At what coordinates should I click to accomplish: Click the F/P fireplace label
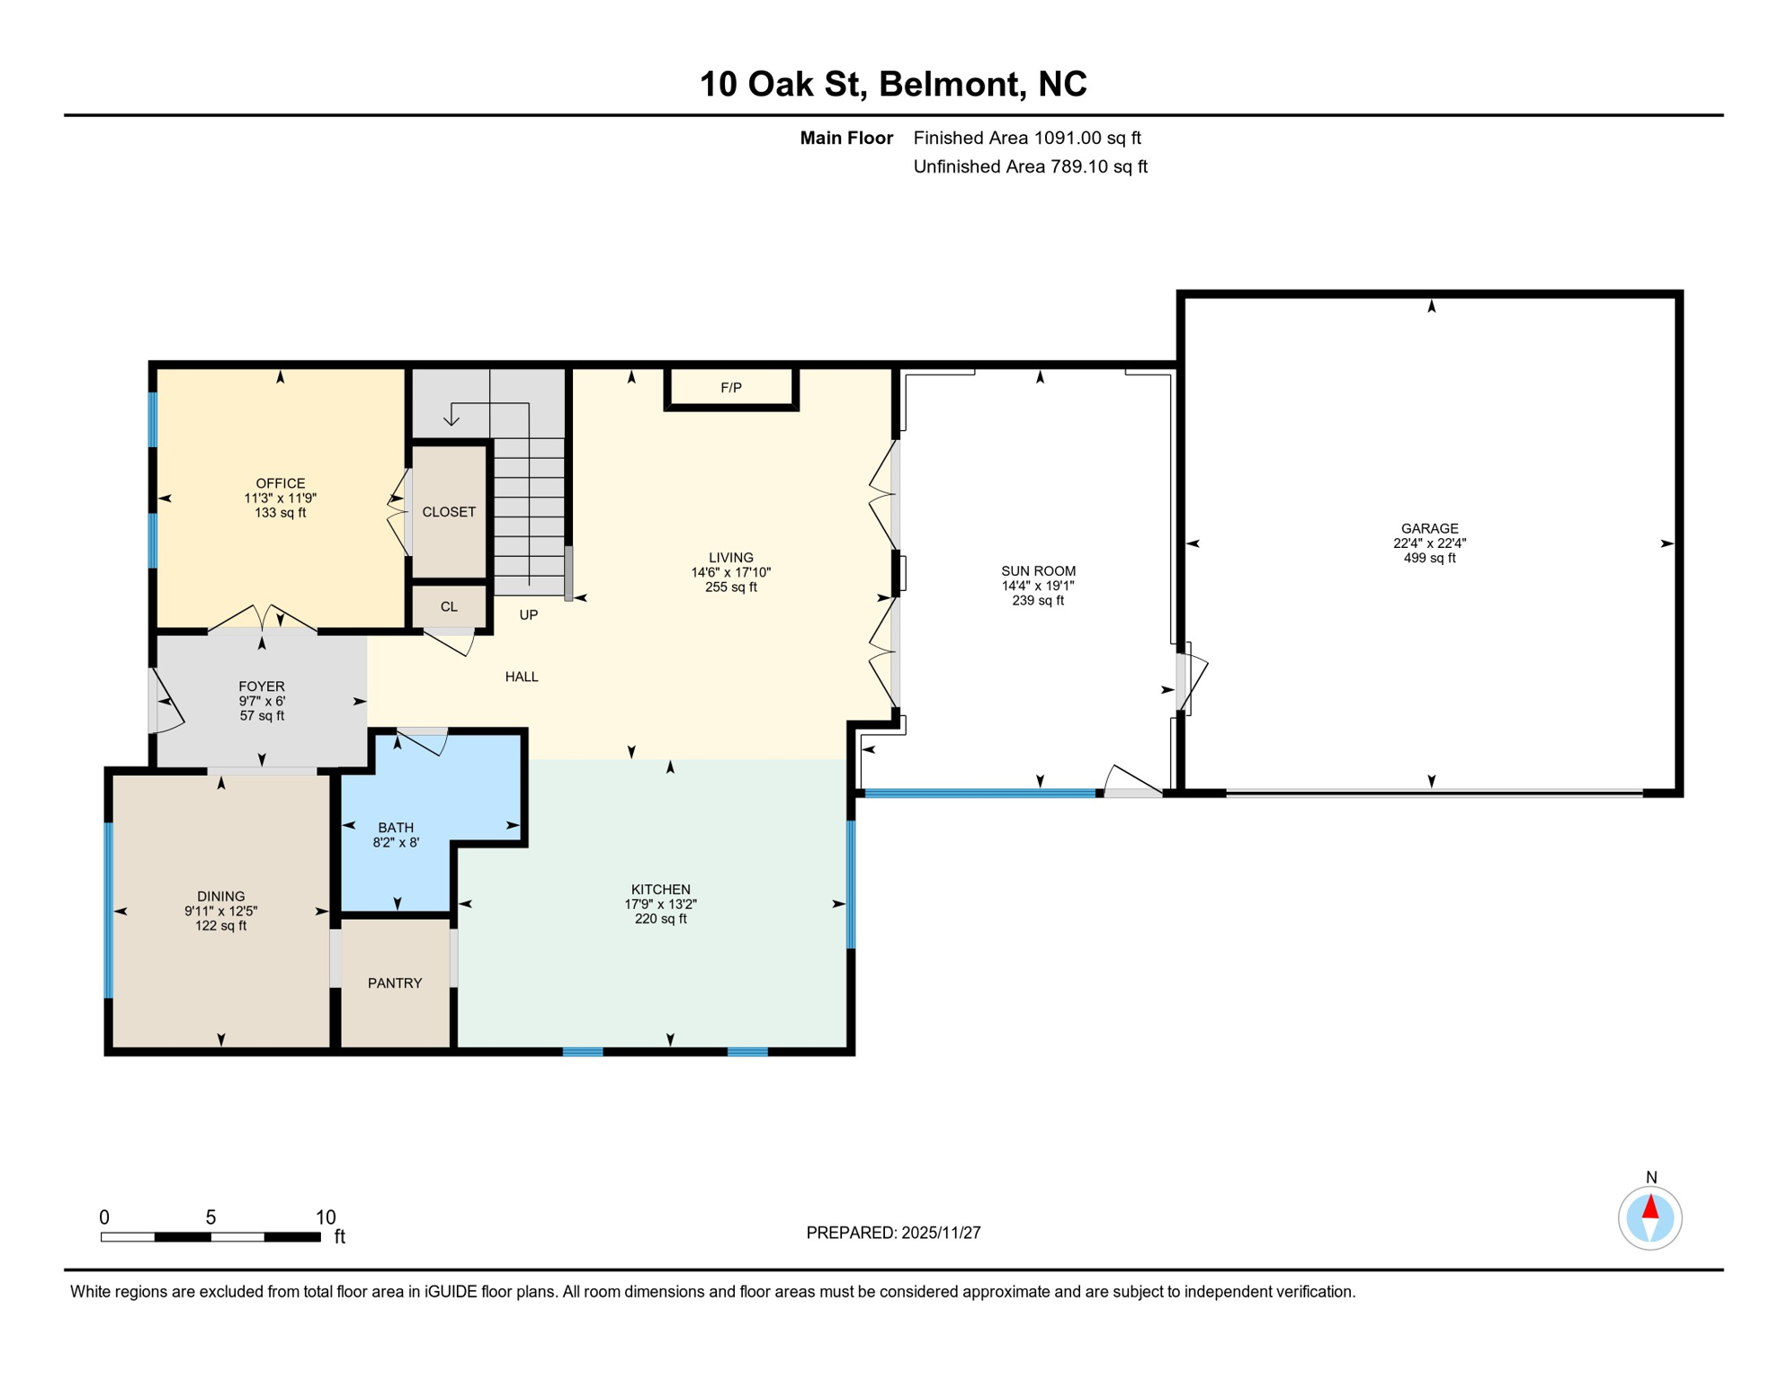pos(731,388)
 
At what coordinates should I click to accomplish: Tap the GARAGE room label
pos(1429,528)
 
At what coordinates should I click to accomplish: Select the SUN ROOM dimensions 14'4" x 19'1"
pos(1038,586)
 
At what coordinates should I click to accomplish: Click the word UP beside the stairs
pos(529,615)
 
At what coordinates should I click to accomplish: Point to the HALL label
pos(522,677)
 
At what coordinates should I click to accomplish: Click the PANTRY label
pos(395,983)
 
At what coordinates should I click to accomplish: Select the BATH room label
pos(396,827)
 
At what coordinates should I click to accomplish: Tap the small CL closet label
pos(449,606)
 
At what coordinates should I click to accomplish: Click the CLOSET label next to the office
pos(449,512)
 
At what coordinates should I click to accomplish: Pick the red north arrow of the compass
pos(1650,1207)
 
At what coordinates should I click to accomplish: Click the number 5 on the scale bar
pos(210,1217)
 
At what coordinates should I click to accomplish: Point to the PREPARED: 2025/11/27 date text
pos(893,1233)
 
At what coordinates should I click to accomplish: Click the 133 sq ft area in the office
pos(281,513)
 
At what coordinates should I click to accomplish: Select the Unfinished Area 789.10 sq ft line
pos(1030,166)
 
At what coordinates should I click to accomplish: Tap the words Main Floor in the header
pos(846,138)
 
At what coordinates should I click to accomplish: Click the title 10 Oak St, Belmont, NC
pos(893,84)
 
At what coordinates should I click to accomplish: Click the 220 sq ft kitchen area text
pos(660,919)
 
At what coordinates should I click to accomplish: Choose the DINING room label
pos(220,896)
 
